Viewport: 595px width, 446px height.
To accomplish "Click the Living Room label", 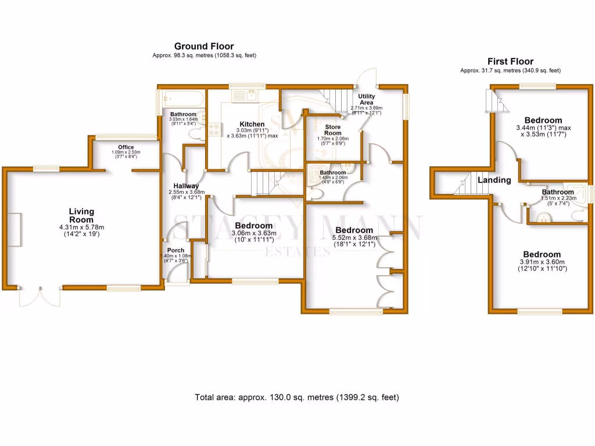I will click(x=81, y=215).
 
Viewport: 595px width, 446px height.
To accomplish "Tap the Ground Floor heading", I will click(x=204, y=46).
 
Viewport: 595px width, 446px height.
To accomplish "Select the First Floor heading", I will click(x=510, y=61).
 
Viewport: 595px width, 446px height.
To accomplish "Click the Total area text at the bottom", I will click(x=297, y=398).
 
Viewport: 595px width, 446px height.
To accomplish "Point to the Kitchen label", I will click(x=252, y=124).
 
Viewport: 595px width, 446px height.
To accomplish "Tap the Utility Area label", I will click(x=366, y=99).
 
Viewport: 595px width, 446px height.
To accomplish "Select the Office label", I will click(x=126, y=147).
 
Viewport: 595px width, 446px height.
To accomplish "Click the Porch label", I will click(x=175, y=250).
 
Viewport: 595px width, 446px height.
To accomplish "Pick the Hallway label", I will click(x=184, y=186).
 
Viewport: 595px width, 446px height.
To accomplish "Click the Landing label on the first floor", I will click(x=494, y=180).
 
